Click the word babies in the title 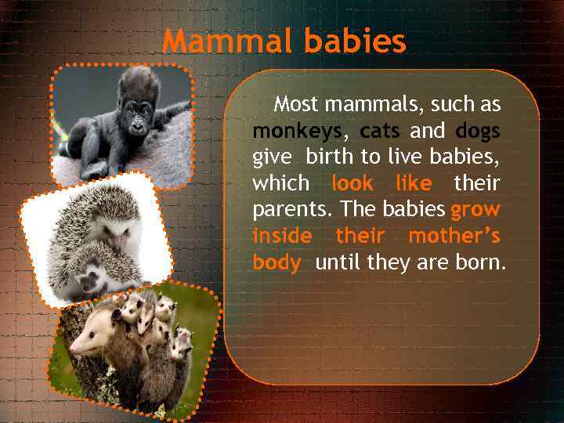[356, 42]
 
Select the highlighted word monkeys [297, 130]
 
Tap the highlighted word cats [380, 130]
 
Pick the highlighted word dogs [477, 130]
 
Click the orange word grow [475, 210]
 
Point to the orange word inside [282, 236]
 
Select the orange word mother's [454, 236]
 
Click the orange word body [276, 262]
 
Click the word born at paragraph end [480, 262]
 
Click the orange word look [352, 183]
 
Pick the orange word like [414, 183]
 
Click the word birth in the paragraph [329, 157]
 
